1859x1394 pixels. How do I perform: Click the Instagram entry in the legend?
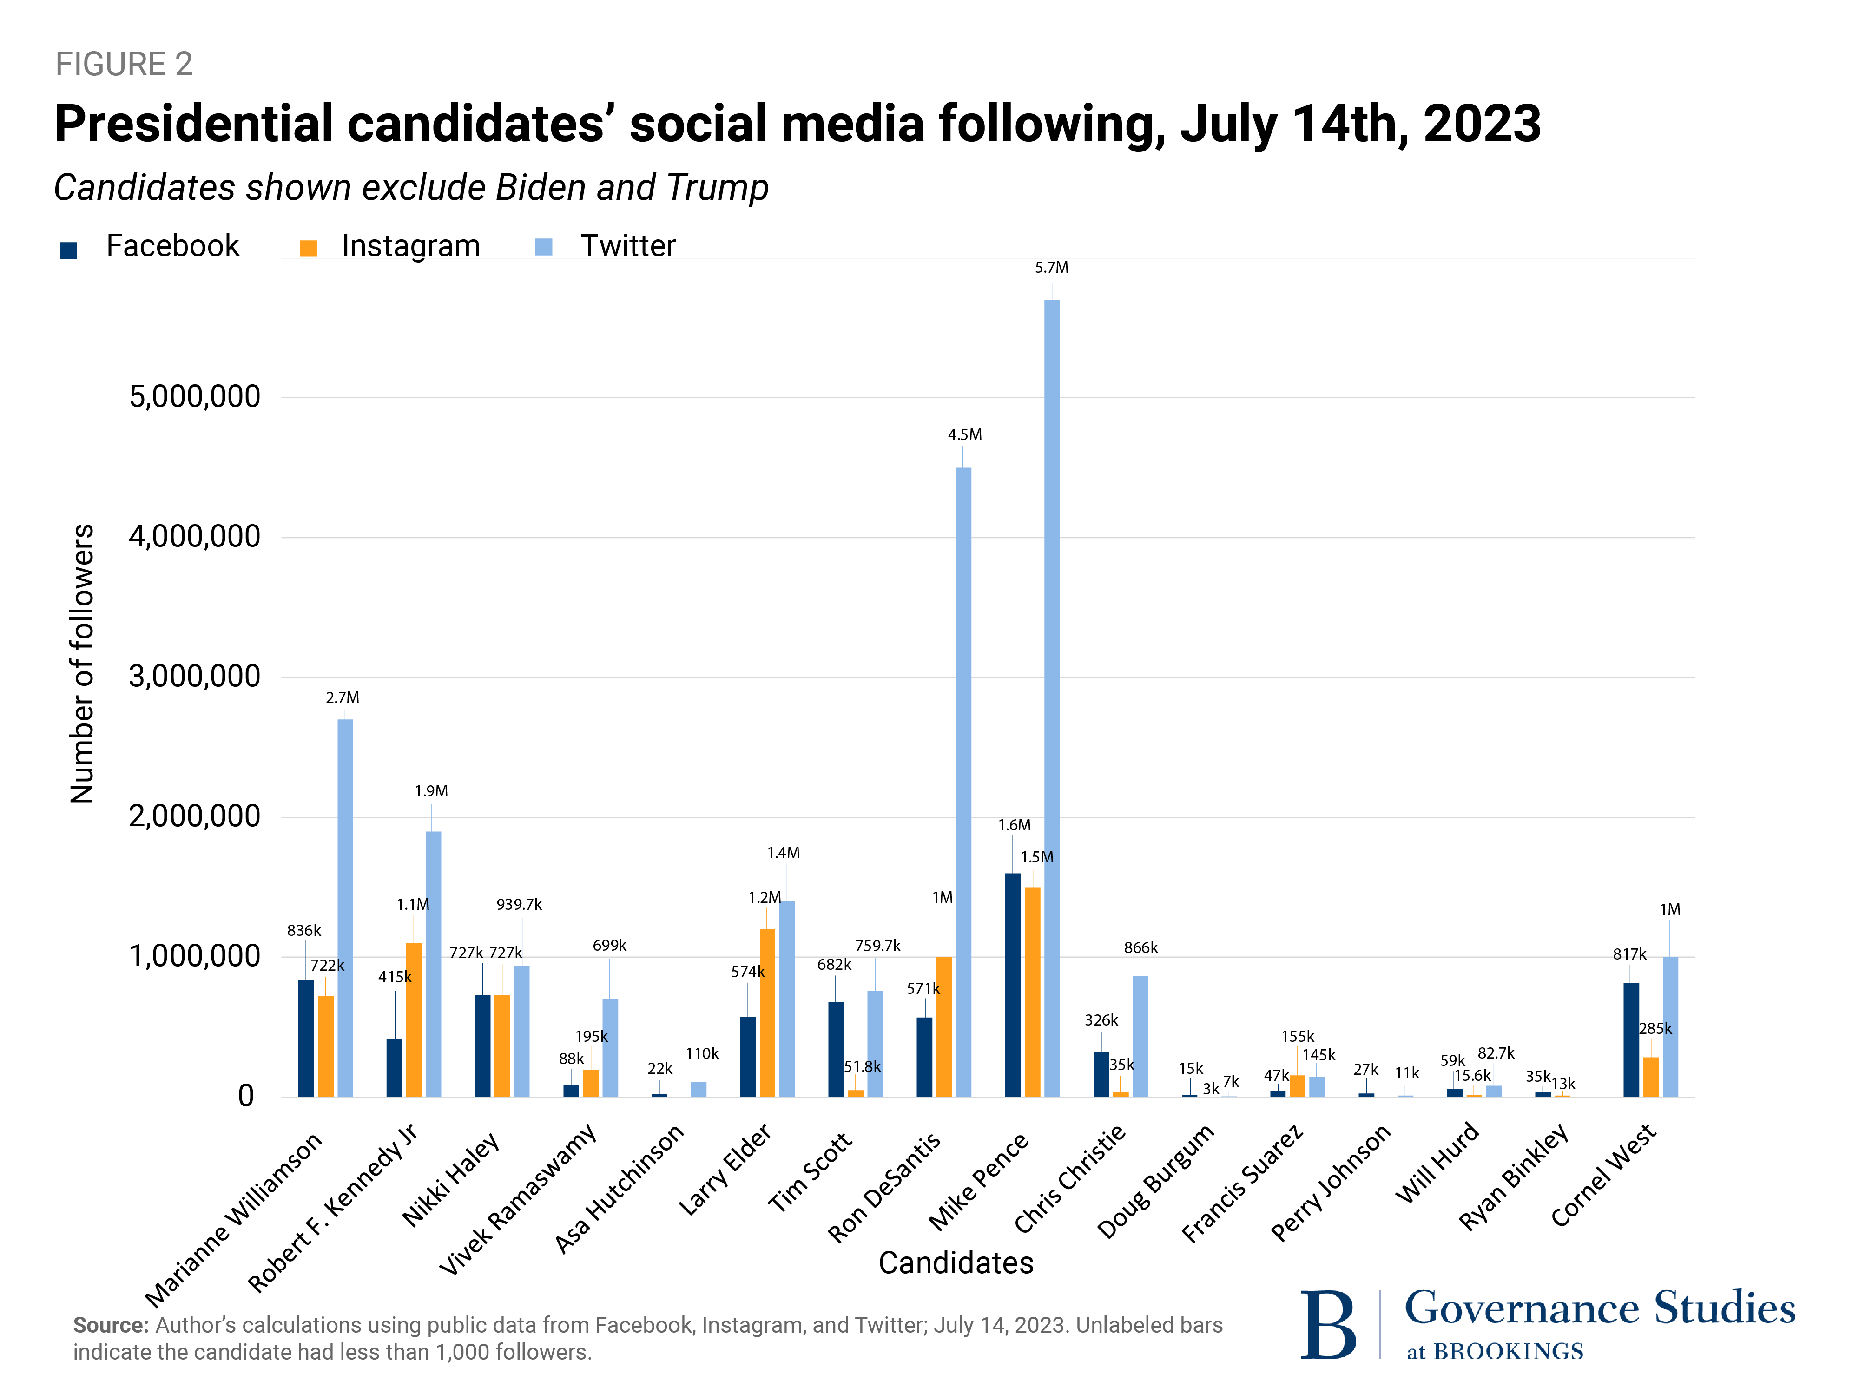(410, 246)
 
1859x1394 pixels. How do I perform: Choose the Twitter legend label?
(628, 246)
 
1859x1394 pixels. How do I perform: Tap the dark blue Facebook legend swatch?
(69, 250)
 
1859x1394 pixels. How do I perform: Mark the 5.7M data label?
(1051, 267)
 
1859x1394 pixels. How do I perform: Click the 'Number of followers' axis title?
(81, 664)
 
